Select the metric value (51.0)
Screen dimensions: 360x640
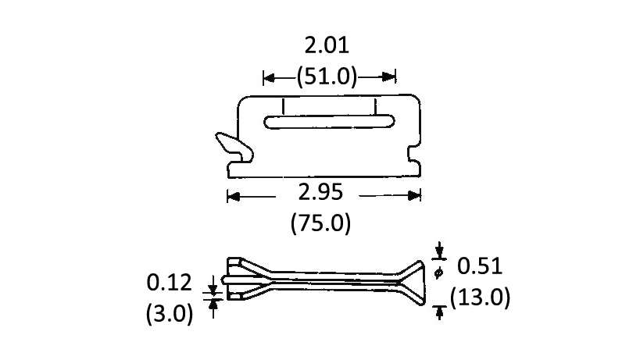[x=327, y=77]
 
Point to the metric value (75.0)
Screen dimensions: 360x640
[x=320, y=224]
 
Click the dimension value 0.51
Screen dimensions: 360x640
[x=480, y=266]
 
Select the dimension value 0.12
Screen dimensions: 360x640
[x=170, y=283]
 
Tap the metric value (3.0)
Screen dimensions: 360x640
[x=170, y=313]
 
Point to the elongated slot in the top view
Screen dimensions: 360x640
[x=329, y=121]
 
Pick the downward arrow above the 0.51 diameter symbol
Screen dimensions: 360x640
[x=440, y=251]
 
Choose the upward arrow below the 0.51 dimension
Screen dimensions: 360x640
[x=440, y=312]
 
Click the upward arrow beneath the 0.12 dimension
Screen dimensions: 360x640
[x=213, y=304]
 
